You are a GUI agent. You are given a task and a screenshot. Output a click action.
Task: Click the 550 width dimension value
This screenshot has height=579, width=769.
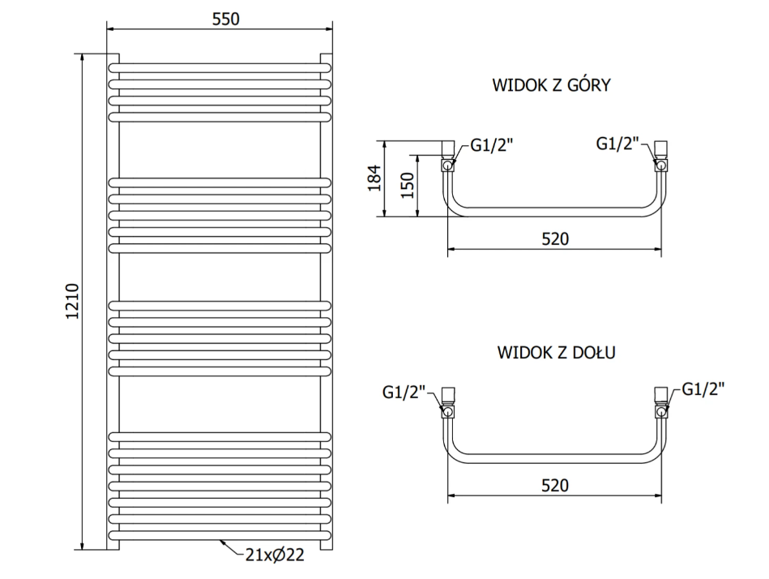[x=225, y=19]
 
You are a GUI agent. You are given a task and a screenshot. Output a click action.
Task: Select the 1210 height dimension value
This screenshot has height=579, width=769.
[x=73, y=302]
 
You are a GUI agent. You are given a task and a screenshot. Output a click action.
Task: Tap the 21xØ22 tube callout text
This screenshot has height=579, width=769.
[x=275, y=555]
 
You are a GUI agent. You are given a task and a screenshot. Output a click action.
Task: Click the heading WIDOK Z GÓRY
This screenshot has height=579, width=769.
[x=551, y=85]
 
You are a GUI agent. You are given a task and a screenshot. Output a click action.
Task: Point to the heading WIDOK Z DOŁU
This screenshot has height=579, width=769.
[x=556, y=352]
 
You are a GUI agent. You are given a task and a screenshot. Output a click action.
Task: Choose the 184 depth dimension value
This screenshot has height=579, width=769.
[x=374, y=178]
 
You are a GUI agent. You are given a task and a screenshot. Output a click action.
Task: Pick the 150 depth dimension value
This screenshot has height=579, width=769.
[x=408, y=185]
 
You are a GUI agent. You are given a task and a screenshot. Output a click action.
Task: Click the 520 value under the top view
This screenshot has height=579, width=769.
[x=555, y=239]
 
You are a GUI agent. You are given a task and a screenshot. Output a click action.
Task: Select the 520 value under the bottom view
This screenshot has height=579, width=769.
[x=555, y=485]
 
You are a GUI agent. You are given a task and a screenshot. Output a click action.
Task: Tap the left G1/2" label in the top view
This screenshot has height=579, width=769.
[x=491, y=144]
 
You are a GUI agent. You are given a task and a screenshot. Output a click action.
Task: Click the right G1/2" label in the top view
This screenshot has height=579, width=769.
[x=617, y=144]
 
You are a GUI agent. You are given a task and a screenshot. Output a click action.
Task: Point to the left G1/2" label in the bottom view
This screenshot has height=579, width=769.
[x=404, y=392]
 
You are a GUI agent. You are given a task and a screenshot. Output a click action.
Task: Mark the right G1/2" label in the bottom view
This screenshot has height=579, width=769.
[x=703, y=389]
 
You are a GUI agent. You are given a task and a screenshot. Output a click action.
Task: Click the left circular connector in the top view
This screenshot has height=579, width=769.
[x=447, y=165]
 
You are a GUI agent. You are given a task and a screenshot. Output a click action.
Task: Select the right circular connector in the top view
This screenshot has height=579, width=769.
[x=661, y=165]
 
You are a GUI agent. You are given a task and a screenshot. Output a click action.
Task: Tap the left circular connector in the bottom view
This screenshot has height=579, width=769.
[x=447, y=411]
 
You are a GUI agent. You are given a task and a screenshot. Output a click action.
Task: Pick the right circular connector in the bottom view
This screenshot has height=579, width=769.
[x=661, y=411]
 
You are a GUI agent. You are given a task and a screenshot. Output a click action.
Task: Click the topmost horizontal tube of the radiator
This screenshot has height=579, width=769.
[x=220, y=68]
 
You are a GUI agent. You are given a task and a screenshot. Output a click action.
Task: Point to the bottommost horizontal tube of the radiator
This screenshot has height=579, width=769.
[x=220, y=535]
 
